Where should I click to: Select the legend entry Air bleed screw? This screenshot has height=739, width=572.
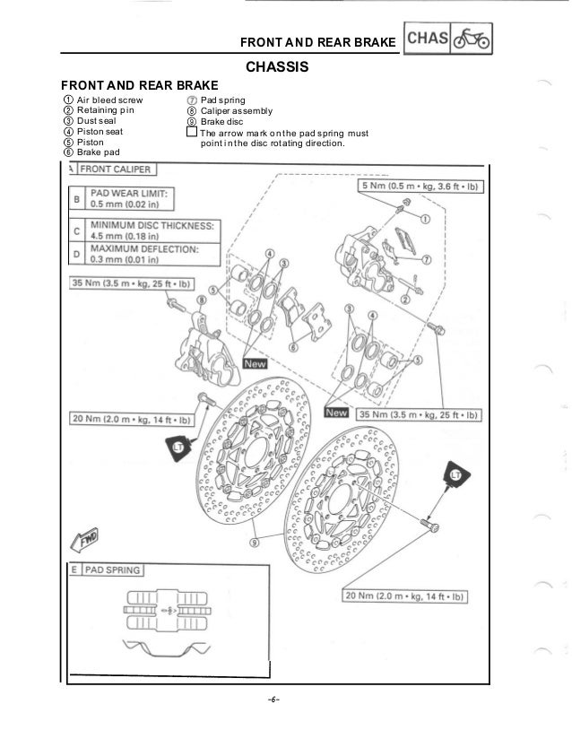pyautogui.click(x=108, y=100)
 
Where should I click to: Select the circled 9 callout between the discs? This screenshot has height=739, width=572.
pyautogui.click(x=256, y=543)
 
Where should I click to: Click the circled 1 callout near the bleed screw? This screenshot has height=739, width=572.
pyautogui.click(x=424, y=219)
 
